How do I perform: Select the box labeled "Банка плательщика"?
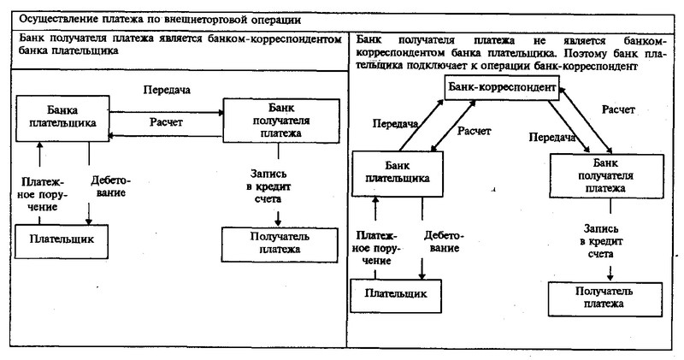point(62,118)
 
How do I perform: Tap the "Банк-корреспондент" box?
point(502,88)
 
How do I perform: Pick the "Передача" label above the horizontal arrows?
point(167,90)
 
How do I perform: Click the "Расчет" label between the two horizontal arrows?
point(166,122)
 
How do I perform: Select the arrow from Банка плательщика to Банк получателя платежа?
point(166,113)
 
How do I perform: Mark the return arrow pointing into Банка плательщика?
point(166,136)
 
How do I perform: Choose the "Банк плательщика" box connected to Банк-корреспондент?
point(398,174)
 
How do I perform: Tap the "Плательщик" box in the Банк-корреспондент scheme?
point(396,296)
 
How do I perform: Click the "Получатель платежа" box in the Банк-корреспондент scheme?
point(605,299)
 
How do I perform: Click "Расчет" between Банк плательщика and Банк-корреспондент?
point(474,131)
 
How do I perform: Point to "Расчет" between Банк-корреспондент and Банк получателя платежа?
point(618,109)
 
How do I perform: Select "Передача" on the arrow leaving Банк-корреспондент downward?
point(551,138)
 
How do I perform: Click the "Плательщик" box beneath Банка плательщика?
point(62,241)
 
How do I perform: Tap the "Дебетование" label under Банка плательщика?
point(111,186)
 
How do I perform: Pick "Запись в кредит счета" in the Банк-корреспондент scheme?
point(601,241)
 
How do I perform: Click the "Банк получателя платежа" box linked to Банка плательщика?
point(281,121)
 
